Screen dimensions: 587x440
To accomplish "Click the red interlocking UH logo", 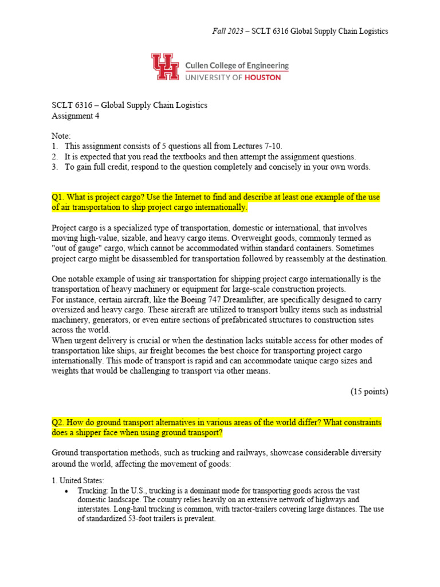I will pos(166,67).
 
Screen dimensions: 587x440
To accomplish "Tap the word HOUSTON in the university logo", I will pos(261,77).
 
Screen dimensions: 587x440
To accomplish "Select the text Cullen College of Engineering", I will pos(237,66).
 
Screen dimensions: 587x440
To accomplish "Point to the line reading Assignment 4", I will pos(75,116).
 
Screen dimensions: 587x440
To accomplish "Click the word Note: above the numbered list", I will pos(61,136).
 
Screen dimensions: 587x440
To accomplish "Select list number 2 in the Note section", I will pos(54,156).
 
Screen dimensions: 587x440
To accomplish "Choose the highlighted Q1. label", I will pos(58,197).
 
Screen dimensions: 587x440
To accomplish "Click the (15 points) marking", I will pos(369,392).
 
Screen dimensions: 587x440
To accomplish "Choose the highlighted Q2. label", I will pos(58,422).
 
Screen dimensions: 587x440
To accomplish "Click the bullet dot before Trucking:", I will pos(68,491).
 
